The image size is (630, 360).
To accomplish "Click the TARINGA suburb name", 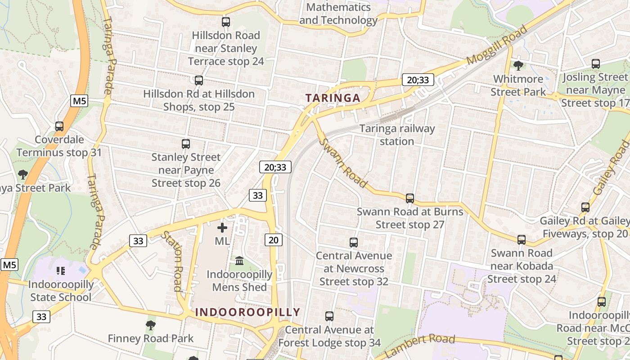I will (x=333, y=98).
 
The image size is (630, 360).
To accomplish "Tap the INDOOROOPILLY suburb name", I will (x=247, y=312).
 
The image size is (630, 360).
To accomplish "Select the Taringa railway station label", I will (x=396, y=135).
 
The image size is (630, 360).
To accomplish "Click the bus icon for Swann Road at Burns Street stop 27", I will (x=409, y=198).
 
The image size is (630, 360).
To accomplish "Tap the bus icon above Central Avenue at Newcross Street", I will (x=354, y=243).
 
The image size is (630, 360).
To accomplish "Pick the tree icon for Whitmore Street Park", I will (x=518, y=66).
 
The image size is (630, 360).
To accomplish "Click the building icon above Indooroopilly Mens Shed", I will (x=239, y=261).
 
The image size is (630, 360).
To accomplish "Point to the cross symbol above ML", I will (x=222, y=228).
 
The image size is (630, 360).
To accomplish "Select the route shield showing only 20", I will (x=274, y=240).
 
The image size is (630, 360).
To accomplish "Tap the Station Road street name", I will (x=172, y=261).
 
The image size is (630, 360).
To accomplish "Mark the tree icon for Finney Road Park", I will (x=151, y=325).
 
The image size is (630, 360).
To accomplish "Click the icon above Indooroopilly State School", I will (x=61, y=270).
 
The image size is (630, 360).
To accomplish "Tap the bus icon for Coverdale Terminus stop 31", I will (x=59, y=126).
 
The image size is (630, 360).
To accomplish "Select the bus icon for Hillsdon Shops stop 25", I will (x=198, y=81).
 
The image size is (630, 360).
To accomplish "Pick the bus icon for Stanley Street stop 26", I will (x=186, y=144).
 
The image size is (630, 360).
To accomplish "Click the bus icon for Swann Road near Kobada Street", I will (x=522, y=240).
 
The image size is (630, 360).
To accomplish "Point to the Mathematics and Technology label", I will (x=338, y=14).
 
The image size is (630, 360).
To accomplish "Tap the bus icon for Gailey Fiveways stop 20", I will (x=585, y=207).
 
